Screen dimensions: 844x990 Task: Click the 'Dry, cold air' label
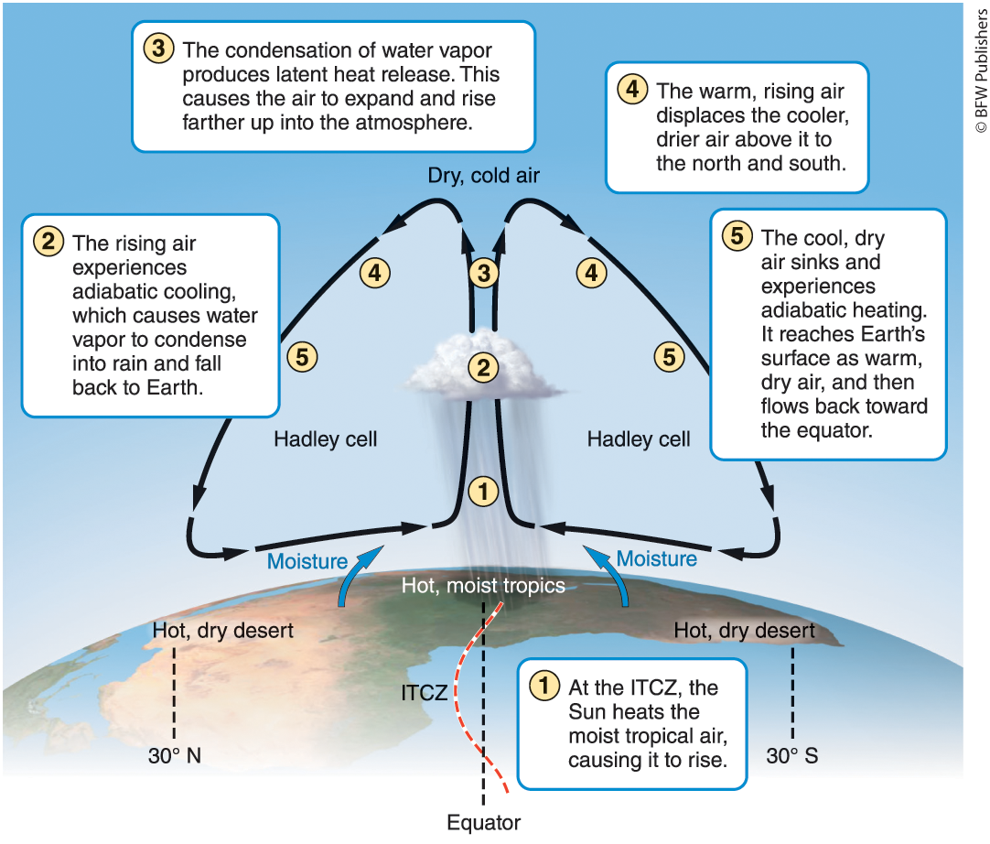[x=483, y=175]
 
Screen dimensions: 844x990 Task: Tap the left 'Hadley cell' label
[x=325, y=439]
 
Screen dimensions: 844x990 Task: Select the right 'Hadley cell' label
[x=639, y=439]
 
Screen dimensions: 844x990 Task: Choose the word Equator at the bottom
[x=483, y=821]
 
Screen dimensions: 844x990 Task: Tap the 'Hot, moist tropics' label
[x=483, y=586]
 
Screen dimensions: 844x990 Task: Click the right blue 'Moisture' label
[x=656, y=558]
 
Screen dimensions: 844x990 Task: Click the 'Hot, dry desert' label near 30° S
[x=744, y=630]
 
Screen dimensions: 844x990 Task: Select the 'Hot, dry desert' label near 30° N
[x=222, y=630]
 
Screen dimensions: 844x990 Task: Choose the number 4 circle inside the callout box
[x=630, y=90]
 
